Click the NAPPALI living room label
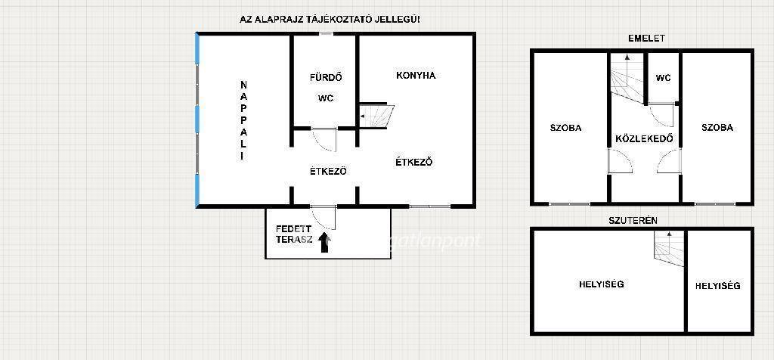243,119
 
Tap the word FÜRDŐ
326,78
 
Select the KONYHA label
416,76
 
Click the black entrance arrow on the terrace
324,243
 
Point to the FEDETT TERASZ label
294,233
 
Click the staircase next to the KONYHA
376,116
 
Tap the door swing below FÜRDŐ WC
324,140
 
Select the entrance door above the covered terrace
324,217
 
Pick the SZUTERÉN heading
633,221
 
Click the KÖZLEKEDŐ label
644,138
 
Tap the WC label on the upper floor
663,78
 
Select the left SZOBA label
565,128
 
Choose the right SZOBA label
717,127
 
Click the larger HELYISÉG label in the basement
602,284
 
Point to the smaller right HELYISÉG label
718,285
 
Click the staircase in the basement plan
670,248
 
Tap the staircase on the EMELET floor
627,78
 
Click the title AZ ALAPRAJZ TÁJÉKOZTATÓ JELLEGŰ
330,20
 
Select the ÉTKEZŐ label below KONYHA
414,162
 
